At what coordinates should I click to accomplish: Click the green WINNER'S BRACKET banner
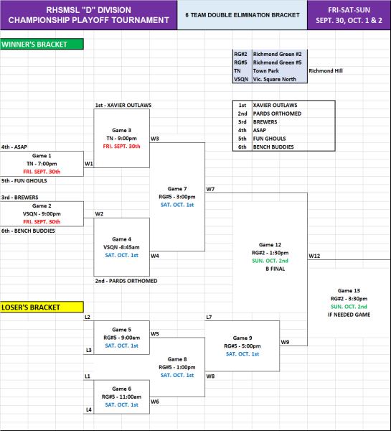(x=42, y=44)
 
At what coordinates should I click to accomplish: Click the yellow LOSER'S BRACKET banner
(x=42, y=307)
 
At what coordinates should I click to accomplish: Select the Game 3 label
(x=121, y=130)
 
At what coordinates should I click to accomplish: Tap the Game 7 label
(x=177, y=189)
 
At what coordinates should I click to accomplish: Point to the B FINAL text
(x=275, y=269)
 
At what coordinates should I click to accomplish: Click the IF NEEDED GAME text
(x=349, y=315)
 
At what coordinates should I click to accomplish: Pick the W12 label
(x=314, y=256)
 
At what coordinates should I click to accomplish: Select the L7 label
(x=209, y=318)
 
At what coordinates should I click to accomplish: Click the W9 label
(x=285, y=342)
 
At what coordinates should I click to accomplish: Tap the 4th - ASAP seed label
(x=14, y=147)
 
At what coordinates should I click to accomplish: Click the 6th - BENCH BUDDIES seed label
(x=28, y=231)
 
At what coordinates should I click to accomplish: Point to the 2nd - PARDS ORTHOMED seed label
(x=126, y=281)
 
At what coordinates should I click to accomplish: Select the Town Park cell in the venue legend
(x=265, y=71)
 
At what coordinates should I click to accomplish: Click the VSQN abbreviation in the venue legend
(x=241, y=79)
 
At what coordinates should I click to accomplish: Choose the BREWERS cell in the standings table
(x=265, y=122)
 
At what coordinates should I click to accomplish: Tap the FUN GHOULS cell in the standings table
(x=269, y=139)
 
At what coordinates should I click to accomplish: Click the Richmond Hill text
(x=326, y=71)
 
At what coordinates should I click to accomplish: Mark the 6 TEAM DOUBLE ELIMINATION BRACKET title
(x=242, y=15)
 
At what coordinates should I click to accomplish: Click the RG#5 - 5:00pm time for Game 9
(x=242, y=346)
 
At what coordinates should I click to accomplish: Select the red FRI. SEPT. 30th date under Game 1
(x=42, y=172)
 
